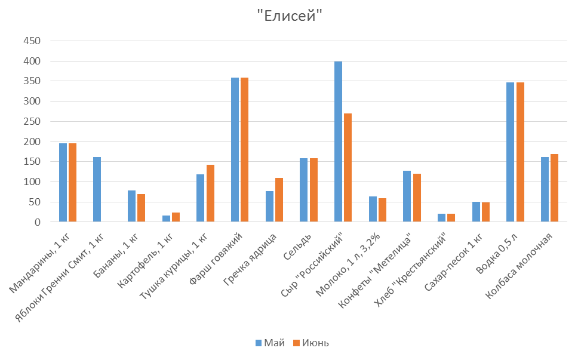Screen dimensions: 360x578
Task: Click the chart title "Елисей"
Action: (289, 17)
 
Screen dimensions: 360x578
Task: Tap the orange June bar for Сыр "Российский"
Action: (348, 168)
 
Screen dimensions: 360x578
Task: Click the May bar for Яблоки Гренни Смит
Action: (97, 189)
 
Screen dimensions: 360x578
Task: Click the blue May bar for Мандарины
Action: (63, 183)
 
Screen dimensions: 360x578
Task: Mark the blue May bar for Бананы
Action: (131, 206)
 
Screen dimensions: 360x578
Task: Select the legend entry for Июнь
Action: (310, 343)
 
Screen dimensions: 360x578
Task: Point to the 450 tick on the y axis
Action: (32, 41)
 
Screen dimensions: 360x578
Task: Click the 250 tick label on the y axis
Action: (32, 122)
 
